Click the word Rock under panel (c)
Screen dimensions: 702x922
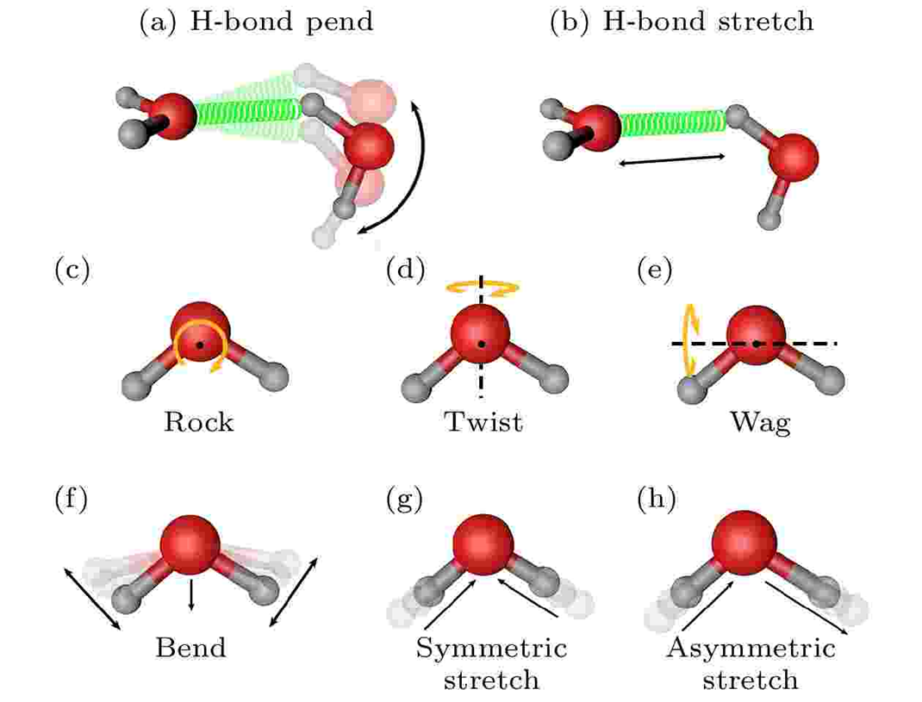(199, 423)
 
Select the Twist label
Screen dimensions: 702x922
(483, 423)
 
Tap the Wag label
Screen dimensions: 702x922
(759, 423)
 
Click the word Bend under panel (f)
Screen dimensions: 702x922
(190, 647)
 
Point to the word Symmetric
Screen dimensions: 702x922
(491, 647)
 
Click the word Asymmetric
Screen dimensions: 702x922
(751, 647)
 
